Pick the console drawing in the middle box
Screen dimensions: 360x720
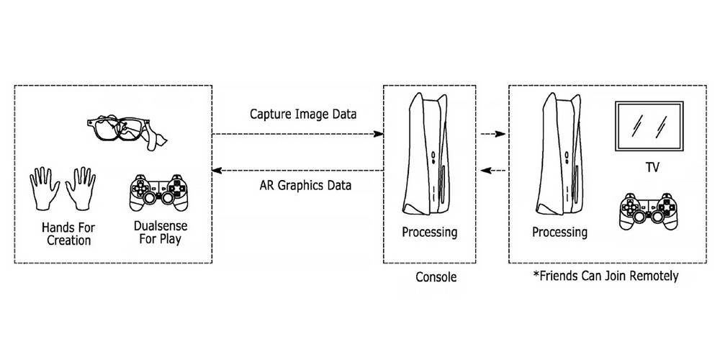tap(420, 155)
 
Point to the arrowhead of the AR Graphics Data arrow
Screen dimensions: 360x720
tap(216, 171)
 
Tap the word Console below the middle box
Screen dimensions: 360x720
tap(436, 276)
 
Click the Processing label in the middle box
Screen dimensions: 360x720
tap(430, 233)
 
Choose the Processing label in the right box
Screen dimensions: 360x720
tap(559, 233)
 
